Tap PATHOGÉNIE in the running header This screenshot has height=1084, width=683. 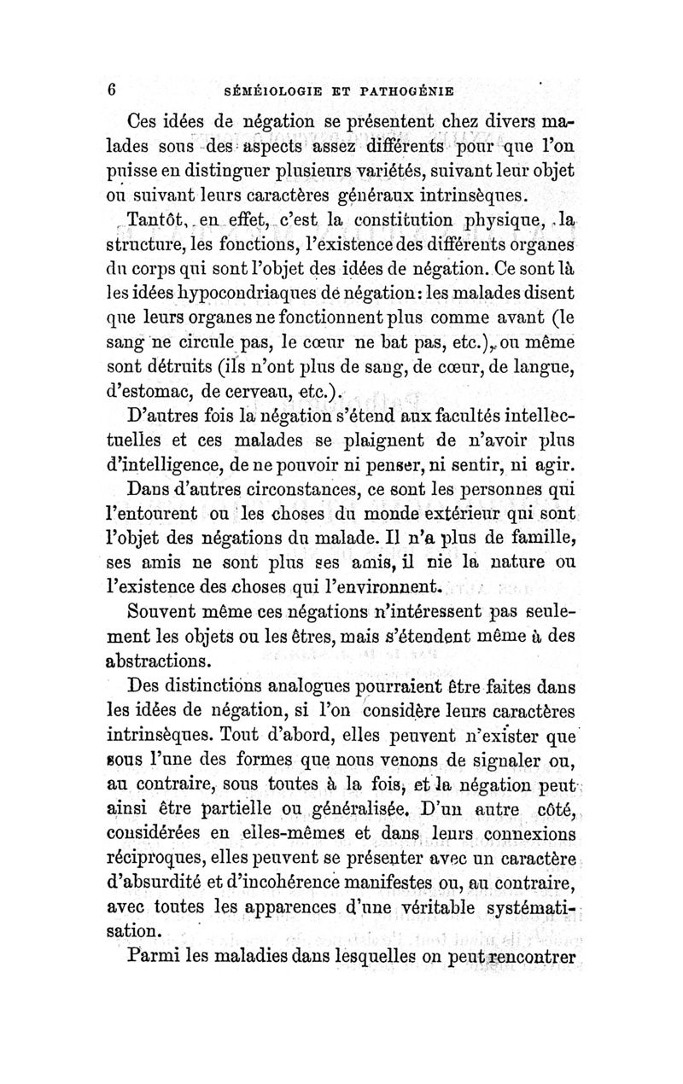(x=407, y=89)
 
